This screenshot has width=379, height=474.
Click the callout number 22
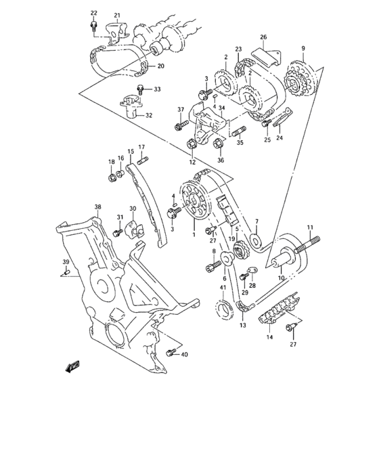click(x=93, y=14)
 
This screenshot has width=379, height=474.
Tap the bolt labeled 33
click(x=141, y=89)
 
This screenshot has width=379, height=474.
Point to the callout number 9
click(x=303, y=48)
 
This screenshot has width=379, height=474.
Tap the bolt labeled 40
click(x=169, y=352)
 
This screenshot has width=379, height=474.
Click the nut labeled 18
click(x=112, y=179)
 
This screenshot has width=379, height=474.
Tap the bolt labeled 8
click(x=209, y=266)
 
